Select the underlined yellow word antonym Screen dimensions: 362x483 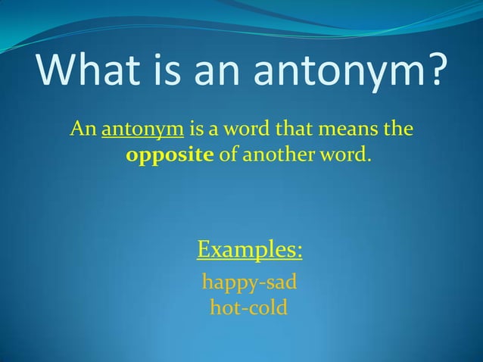tap(143, 130)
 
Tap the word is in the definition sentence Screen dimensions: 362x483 tap(197, 128)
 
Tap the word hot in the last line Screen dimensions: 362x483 tap(224, 308)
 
